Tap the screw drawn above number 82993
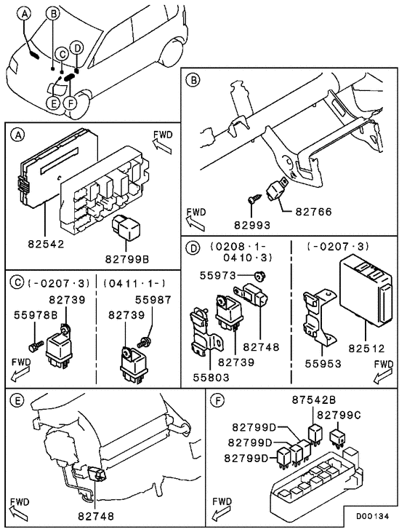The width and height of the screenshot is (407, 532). (x=252, y=199)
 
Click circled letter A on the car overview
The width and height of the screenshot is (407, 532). (x=25, y=13)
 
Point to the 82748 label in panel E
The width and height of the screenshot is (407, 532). (x=94, y=516)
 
